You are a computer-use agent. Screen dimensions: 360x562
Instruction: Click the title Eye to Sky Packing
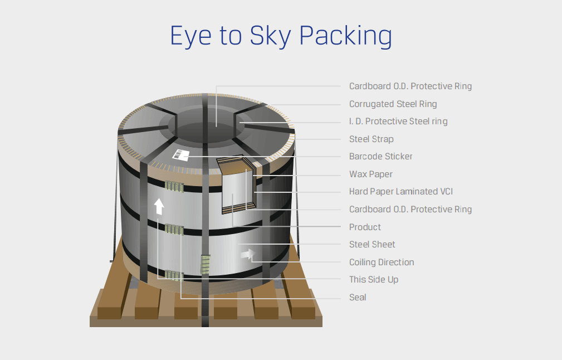click(x=281, y=35)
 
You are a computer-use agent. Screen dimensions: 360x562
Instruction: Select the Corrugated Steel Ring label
click(x=393, y=104)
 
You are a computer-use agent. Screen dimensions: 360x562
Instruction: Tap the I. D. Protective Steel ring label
click(x=398, y=121)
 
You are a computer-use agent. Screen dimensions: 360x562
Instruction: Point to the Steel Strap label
click(x=371, y=139)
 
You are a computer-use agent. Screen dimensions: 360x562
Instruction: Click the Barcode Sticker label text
click(x=380, y=156)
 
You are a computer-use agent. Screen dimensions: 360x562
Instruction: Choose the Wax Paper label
click(x=370, y=174)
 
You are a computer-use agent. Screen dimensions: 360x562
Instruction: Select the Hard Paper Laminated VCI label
click(x=400, y=191)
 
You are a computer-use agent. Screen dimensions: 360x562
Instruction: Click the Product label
click(x=365, y=227)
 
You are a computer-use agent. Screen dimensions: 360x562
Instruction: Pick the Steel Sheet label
click(x=372, y=244)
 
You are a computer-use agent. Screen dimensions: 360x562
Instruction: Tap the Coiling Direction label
click(x=381, y=262)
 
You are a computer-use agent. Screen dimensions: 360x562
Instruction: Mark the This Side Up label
click(x=373, y=279)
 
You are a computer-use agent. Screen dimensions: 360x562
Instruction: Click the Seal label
click(x=358, y=297)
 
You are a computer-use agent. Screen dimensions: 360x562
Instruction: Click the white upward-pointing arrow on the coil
click(x=159, y=206)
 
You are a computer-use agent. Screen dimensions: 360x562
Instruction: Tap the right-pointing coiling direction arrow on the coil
click(x=245, y=254)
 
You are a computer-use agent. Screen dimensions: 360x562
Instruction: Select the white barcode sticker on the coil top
click(x=181, y=154)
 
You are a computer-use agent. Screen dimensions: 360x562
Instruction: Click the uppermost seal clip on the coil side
click(x=174, y=186)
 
